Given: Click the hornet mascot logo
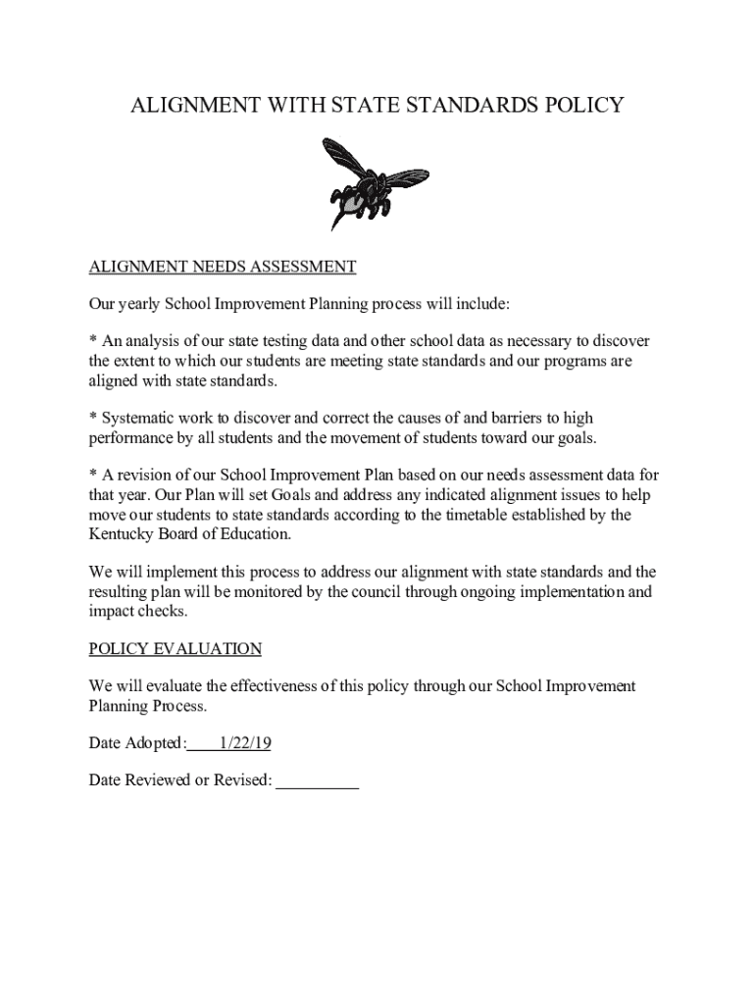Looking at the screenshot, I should pyautogui.click(x=361, y=181).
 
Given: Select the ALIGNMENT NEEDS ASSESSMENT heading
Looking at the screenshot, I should pyautogui.click(x=223, y=267).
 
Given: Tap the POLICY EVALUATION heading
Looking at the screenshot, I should pyautogui.click(x=176, y=649).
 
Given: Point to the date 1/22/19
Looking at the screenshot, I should pyautogui.click(x=245, y=743).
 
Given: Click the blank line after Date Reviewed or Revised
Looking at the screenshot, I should pyautogui.click(x=318, y=780).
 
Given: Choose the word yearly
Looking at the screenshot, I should pyautogui.click(x=138, y=304).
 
